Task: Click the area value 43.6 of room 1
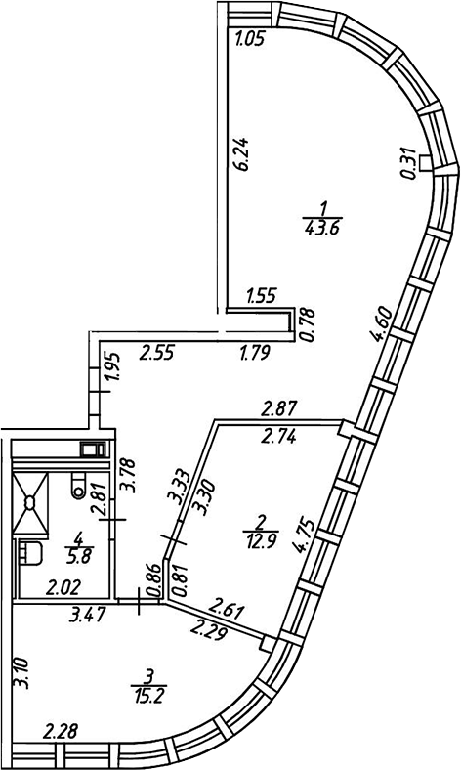(x=323, y=229)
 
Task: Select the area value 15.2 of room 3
(x=149, y=695)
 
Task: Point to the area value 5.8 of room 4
(x=78, y=557)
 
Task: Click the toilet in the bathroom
(x=78, y=485)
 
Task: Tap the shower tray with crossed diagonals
(x=30, y=502)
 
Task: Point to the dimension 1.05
(x=250, y=38)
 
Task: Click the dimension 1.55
(x=262, y=296)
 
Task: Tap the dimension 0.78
(x=306, y=325)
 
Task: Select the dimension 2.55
(x=156, y=353)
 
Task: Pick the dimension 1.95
(x=112, y=367)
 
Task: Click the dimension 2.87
(x=279, y=408)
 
